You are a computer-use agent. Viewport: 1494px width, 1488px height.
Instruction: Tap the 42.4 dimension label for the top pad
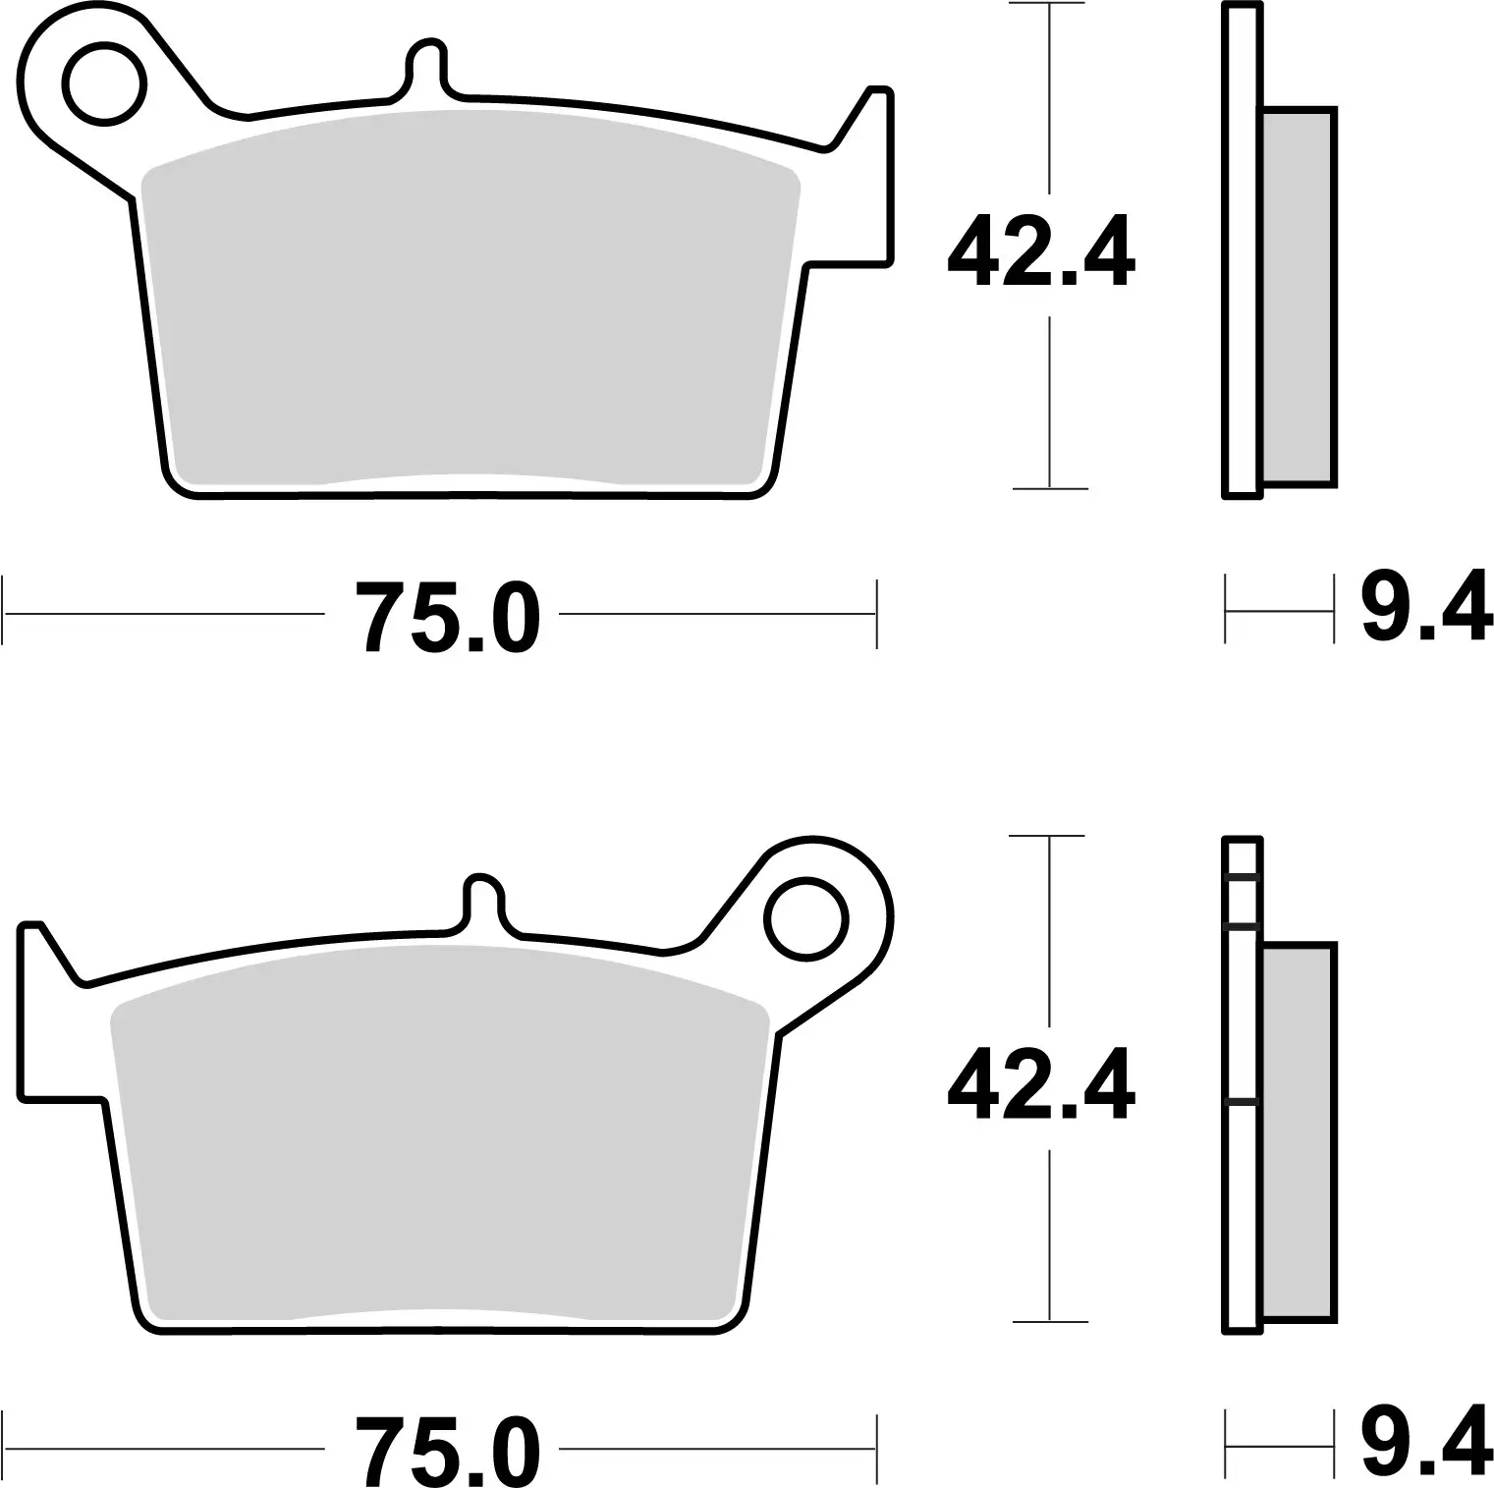[1040, 252]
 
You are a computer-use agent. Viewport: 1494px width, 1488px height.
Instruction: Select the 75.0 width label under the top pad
[448, 617]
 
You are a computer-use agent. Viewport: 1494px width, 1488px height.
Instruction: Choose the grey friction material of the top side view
[1298, 295]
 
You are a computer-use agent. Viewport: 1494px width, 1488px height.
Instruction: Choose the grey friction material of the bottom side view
[1298, 1130]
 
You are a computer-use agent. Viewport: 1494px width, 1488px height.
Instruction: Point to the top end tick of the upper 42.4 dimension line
[1050, 5]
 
